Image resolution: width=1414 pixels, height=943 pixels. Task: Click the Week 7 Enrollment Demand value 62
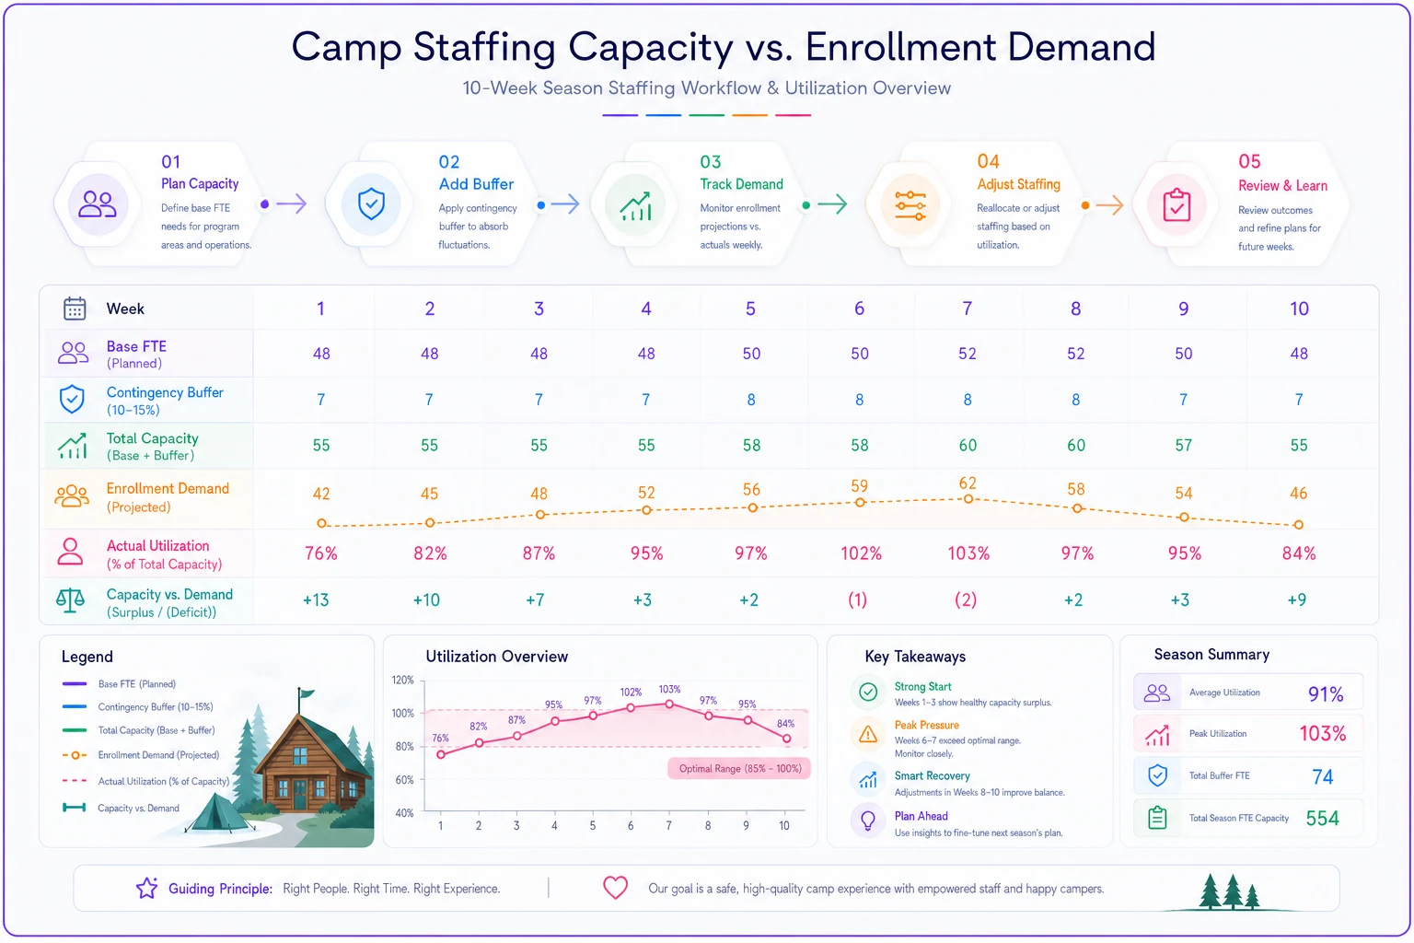968,483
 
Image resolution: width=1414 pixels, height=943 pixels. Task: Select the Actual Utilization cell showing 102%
861,553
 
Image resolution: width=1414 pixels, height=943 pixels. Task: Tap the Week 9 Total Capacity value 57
1184,446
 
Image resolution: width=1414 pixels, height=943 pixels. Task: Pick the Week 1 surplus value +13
316,600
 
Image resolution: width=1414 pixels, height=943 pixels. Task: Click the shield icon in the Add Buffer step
371,204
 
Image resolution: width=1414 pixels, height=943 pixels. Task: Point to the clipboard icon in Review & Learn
1176,205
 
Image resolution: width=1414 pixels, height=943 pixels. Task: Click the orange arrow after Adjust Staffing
1109,204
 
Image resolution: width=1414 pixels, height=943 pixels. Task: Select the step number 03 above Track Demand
710,162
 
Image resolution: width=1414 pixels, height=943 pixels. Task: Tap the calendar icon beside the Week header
75,309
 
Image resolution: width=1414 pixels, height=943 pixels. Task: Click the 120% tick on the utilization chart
402,681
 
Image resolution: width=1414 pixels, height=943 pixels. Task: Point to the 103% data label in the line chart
669,689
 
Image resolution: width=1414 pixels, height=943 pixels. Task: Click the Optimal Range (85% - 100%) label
740,769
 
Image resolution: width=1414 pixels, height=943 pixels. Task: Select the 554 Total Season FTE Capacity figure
1322,819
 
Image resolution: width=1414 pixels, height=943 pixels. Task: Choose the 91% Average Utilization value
1326,694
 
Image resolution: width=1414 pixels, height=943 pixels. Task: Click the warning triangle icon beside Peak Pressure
868,734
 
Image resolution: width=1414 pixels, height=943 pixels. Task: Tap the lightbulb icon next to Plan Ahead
868,820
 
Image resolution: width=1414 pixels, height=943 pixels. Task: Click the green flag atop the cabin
307,693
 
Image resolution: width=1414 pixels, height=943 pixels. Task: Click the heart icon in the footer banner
615,888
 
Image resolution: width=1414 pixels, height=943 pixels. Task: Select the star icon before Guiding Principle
147,888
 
